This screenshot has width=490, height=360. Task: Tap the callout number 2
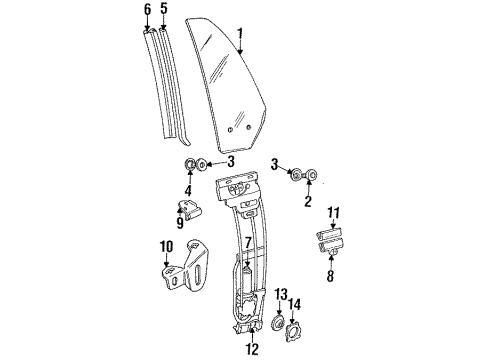(x=308, y=200)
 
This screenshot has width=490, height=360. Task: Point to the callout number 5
(x=165, y=10)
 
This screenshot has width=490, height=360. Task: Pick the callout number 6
(x=148, y=10)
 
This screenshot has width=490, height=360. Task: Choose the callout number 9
(x=181, y=225)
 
